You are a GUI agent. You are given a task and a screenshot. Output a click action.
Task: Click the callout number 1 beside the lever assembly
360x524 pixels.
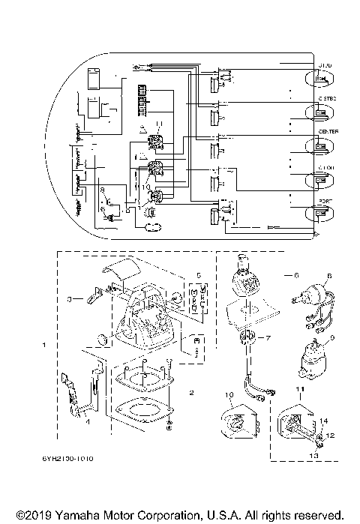pos(45,346)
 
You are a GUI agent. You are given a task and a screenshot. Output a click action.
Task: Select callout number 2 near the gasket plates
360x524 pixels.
pos(193,392)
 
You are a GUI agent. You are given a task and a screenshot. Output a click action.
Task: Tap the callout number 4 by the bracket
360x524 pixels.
pos(88,422)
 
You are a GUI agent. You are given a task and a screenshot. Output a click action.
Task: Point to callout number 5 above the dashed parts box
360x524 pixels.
pos(198,275)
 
